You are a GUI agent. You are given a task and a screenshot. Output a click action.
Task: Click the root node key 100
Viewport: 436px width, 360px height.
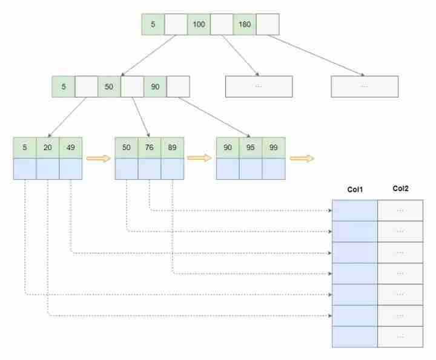tap(199, 24)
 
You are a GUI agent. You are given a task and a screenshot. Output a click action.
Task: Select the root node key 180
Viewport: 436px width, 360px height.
tap(245, 24)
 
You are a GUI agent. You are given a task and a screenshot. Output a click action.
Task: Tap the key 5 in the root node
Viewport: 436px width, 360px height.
tap(153, 24)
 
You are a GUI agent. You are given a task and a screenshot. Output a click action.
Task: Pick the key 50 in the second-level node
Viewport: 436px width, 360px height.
tap(109, 87)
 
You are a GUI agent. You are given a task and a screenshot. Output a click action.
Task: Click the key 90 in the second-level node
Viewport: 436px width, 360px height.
tap(155, 87)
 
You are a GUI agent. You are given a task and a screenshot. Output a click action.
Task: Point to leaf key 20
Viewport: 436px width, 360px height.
tap(48, 148)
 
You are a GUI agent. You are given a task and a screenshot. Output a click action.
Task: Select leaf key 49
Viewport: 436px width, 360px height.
tap(71, 148)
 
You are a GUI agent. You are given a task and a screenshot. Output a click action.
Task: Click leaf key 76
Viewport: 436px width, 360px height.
tap(150, 148)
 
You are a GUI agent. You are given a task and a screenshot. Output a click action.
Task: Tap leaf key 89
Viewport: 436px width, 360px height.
tap(173, 148)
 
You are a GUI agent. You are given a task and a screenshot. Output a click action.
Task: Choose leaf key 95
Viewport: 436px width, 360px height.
tap(251, 148)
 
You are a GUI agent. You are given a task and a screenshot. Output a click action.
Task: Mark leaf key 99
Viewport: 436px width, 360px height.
tap(274, 148)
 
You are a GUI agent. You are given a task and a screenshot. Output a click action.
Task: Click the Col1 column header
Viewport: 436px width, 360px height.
tap(355, 190)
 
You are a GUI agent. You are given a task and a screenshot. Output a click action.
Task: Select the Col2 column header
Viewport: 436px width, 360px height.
tap(400, 189)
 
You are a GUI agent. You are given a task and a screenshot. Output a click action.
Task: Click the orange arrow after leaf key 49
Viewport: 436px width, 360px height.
tap(99, 159)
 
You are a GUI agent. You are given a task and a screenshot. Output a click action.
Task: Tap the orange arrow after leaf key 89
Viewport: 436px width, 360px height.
tap(199, 158)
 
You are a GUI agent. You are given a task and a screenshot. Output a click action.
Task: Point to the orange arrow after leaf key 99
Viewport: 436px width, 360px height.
tap(302, 159)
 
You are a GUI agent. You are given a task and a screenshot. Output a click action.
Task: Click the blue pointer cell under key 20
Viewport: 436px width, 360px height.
tap(48, 169)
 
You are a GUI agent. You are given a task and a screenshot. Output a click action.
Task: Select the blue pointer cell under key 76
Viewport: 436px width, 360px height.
tap(150, 169)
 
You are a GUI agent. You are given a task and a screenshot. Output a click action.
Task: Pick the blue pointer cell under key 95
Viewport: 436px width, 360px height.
tap(251, 169)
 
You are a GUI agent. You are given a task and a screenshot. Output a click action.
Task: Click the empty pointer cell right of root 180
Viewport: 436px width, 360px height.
tap(268, 24)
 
